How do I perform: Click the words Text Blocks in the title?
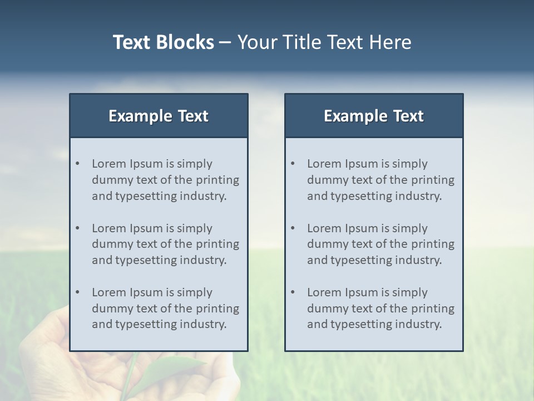point(163,42)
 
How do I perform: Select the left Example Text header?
point(159,116)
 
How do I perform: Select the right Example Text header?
point(374,116)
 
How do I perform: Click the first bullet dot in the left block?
point(78,164)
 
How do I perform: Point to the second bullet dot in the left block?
point(78,228)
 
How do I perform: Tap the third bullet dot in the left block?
point(78,292)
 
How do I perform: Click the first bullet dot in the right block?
point(293,164)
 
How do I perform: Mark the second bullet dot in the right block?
point(293,228)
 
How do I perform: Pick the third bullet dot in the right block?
point(293,292)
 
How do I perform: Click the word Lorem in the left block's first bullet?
point(109,164)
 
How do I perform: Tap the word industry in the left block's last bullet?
point(204,324)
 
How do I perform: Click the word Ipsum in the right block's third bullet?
point(362,292)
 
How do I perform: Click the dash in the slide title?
point(225,42)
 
